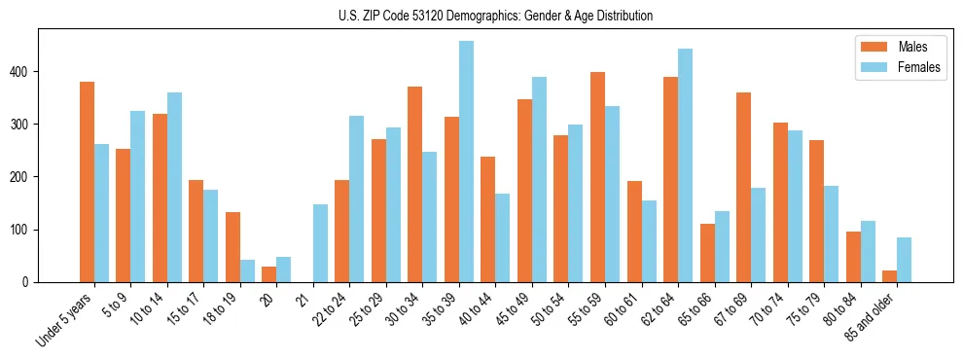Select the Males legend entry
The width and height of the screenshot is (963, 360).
pyautogui.click(x=899, y=47)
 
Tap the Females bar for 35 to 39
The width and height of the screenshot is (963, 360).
pyautogui.click(x=466, y=162)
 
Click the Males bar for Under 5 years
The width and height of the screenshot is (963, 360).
pyautogui.click(x=87, y=182)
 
